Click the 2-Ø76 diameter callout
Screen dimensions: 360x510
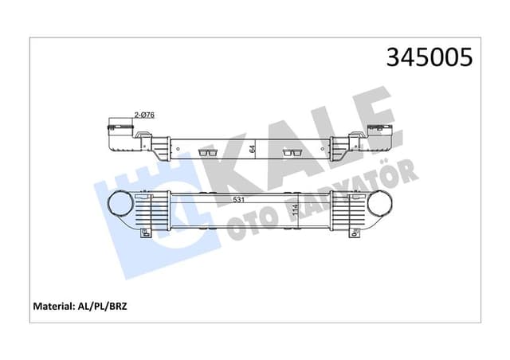pos(144,115)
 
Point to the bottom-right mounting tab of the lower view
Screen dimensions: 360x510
pos(354,233)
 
